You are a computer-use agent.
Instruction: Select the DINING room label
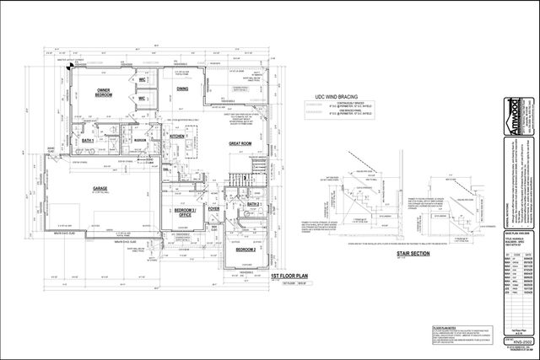tap(182, 88)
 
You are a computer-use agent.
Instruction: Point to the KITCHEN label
tap(178, 136)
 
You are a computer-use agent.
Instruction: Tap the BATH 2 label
tap(253, 204)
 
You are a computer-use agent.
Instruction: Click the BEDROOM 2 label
tap(246, 250)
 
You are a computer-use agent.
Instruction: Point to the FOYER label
tap(213, 210)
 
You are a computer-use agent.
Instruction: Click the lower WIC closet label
tap(143, 99)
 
